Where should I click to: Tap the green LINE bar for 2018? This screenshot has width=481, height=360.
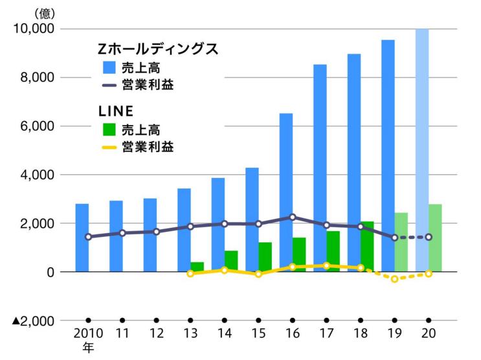(367, 247)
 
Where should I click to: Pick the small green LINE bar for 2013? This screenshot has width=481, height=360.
(197, 267)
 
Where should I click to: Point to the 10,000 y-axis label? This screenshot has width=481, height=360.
(32, 29)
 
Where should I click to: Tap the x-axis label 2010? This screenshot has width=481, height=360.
(88, 334)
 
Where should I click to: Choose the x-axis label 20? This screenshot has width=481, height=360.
(428, 334)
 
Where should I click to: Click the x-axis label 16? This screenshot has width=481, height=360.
(292, 334)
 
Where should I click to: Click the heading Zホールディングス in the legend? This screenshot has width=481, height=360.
(157, 49)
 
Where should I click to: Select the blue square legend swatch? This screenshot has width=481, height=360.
(110, 67)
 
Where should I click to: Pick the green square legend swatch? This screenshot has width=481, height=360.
(110, 129)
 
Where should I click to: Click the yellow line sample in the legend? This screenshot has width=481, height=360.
(110, 148)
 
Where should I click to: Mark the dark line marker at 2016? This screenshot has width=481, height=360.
(292, 218)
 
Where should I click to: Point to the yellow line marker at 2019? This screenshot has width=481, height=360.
(394, 279)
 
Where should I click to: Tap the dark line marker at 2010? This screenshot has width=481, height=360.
(88, 237)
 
